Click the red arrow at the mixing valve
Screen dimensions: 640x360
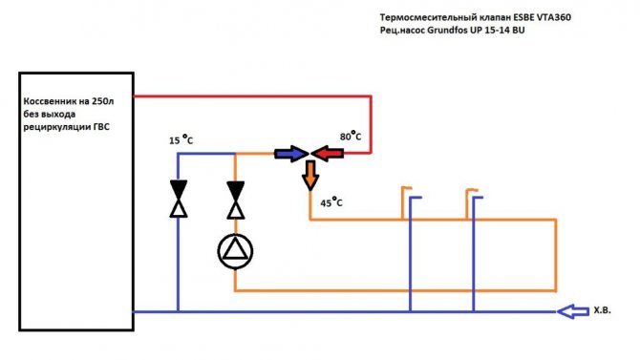[328, 154]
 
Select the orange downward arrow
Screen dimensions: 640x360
[310, 176]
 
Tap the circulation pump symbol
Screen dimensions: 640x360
[235, 251]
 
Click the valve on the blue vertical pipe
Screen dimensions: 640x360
[179, 199]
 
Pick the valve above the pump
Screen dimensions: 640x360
[236, 201]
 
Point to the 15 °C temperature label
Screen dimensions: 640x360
[181, 139]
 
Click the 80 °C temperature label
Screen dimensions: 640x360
[351, 136]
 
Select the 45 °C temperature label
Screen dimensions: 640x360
[331, 202]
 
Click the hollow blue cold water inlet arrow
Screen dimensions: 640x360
[572, 311]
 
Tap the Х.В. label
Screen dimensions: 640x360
[602, 310]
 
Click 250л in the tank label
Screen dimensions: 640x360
[102, 101]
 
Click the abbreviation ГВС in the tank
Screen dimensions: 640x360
[101, 127]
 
